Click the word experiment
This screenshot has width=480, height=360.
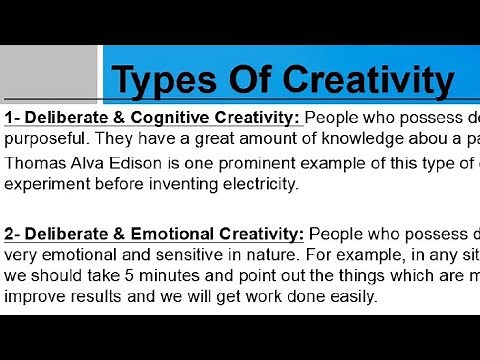45,184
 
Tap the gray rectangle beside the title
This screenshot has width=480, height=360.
51,71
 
